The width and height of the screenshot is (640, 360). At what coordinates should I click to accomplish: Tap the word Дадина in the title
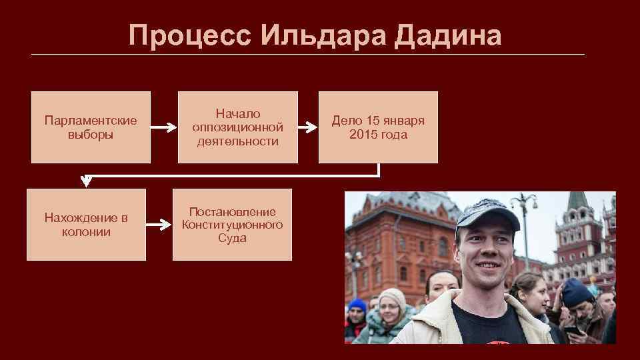tap(447, 35)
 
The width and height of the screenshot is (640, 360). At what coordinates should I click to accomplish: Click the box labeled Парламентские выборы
tap(91, 127)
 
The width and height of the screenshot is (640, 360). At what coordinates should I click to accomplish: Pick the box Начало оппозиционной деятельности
tap(237, 127)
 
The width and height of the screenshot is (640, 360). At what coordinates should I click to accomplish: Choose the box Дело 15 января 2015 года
tap(378, 127)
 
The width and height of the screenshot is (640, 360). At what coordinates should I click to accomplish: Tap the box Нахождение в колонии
tap(86, 225)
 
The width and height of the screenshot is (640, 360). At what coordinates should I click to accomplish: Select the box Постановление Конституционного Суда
tap(232, 225)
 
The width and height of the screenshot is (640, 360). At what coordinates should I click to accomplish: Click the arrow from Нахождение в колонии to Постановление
tap(158, 225)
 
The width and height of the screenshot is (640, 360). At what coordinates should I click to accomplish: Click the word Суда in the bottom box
tap(232, 238)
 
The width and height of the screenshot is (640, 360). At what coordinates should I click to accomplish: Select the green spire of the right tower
tap(577, 201)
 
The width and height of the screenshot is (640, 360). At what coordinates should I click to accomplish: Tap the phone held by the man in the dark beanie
tap(572, 330)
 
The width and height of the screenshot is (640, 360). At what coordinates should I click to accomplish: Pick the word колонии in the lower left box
tap(86, 232)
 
